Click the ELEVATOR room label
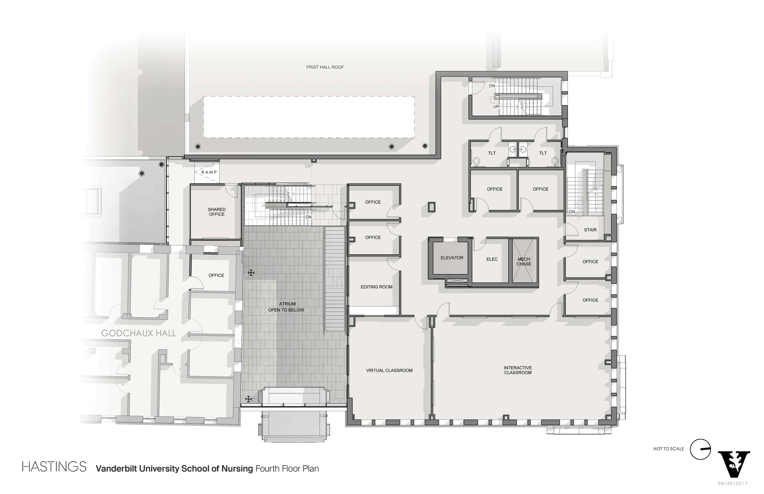(x=452, y=258)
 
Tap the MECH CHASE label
(x=524, y=262)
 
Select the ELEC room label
(x=492, y=259)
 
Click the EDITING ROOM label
(x=376, y=287)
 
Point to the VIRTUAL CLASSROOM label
(x=389, y=370)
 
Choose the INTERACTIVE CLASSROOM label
(x=518, y=370)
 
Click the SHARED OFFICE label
(x=217, y=212)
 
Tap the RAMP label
(x=209, y=172)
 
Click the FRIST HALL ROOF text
(x=325, y=67)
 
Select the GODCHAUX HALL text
(x=139, y=333)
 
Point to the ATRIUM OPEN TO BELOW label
(x=286, y=307)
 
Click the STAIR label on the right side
(x=590, y=230)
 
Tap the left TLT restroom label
(x=492, y=153)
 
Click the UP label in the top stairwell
(x=496, y=107)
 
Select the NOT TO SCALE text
(x=668, y=449)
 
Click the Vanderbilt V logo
(x=734, y=464)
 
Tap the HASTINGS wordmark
(x=54, y=467)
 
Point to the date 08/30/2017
(x=732, y=484)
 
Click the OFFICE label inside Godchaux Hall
(x=216, y=275)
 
